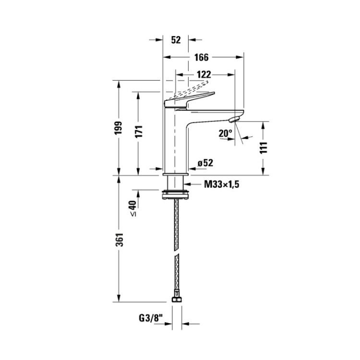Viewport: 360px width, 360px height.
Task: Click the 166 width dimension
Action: pyautogui.click(x=201, y=58)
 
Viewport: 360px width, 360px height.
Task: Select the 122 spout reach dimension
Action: pyautogui.click(x=204, y=74)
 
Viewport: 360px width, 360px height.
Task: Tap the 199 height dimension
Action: pyautogui.click(x=119, y=128)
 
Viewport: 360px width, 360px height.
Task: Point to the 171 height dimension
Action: pyautogui.click(x=138, y=132)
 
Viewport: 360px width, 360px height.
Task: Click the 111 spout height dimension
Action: pyautogui.click(x=264, y=148)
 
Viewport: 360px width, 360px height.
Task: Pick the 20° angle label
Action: pyautogui.click(x=225, y=133)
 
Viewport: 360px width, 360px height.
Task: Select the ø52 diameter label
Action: pyautogui.click(x=205, y=163)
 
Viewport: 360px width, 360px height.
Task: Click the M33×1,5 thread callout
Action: pyautogui.click(x=222, y=184)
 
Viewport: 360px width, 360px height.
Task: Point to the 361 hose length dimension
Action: pyautogui.click(x=120, y=240)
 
